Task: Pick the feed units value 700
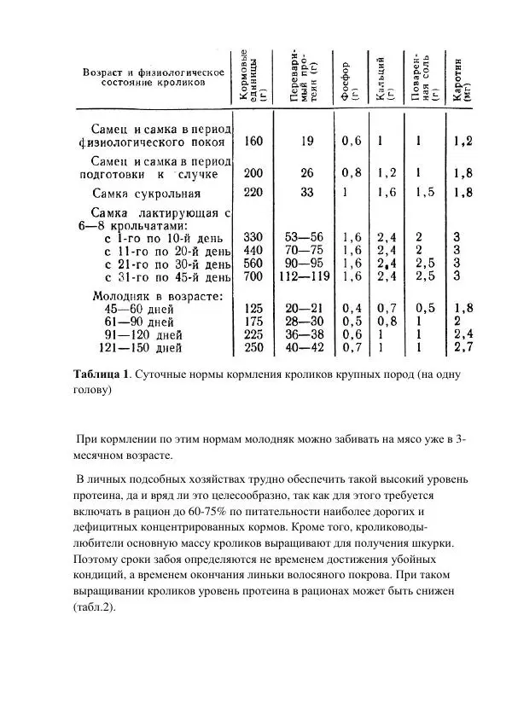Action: [x=253, y=277]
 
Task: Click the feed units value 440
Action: [x=253, y=250]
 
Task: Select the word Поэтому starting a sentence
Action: [x=98, y=560]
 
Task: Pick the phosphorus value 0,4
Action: [x=352, y=308]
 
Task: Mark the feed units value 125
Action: [x=253, y=308]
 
